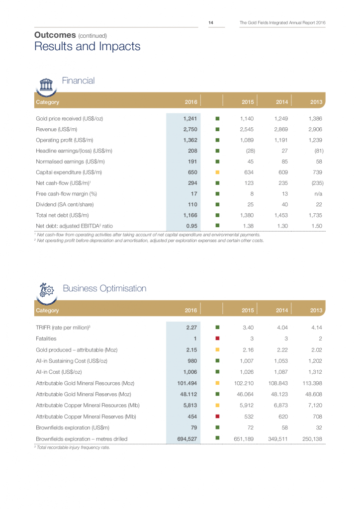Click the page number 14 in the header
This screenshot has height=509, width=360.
click(211, 22)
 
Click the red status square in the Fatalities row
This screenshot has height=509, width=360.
click(217, 338)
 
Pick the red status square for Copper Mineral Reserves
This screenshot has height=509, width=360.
click(217, 416)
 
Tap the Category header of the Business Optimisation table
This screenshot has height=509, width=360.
click(47, 310)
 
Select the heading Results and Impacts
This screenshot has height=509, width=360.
click(87, 47)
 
